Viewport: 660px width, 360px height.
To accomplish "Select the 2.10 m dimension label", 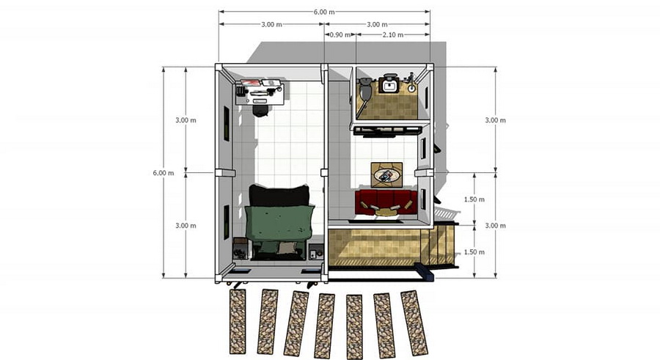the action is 393,35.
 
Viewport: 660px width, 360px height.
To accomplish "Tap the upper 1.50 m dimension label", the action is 474,199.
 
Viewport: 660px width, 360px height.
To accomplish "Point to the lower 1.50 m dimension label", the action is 474,252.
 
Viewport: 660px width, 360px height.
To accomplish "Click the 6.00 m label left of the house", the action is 164,173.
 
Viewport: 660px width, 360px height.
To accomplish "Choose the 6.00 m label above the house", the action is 324,12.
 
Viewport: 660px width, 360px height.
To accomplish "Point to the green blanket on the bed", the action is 279,223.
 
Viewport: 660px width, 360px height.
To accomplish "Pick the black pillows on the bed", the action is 279,196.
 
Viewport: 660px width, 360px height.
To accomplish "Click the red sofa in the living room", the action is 386,202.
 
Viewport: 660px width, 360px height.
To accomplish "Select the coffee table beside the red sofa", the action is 386,175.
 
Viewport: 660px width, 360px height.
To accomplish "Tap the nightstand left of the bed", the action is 241,249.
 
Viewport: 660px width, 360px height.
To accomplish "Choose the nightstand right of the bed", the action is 316,251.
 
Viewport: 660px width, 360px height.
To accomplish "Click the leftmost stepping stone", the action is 238,321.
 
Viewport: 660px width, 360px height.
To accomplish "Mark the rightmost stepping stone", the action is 414,323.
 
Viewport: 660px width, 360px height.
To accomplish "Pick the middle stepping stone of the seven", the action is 325,326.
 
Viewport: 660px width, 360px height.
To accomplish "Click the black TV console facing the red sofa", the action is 387,132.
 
